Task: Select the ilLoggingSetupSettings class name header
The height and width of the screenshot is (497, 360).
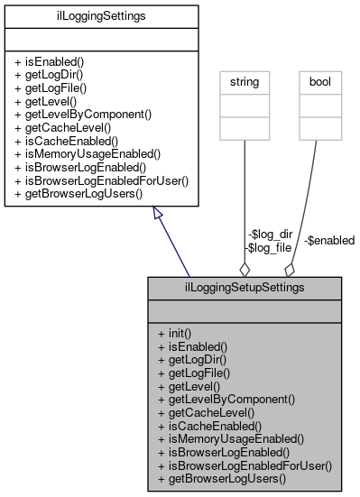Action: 245,287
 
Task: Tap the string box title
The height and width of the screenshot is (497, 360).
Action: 245,82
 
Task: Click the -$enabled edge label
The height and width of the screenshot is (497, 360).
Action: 329,240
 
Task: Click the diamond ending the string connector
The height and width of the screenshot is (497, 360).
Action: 244,268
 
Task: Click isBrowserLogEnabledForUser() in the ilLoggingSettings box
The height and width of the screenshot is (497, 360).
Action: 101,181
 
